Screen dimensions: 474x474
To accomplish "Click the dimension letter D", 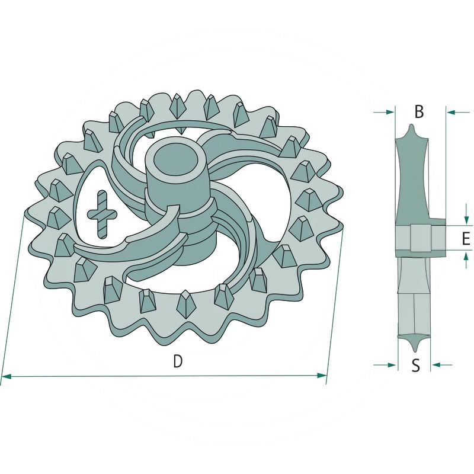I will click(177, 361).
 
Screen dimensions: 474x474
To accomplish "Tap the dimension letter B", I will click(419, 111).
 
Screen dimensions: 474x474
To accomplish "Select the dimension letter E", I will click(466, 238).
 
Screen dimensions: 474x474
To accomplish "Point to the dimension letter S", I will click(415, 366).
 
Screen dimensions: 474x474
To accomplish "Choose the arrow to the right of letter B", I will click(450, 111).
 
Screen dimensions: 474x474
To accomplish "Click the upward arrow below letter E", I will click(467, 256).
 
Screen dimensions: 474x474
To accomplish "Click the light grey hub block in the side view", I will click(419, 238).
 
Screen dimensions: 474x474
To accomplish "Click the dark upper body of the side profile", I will click(411, 178).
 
